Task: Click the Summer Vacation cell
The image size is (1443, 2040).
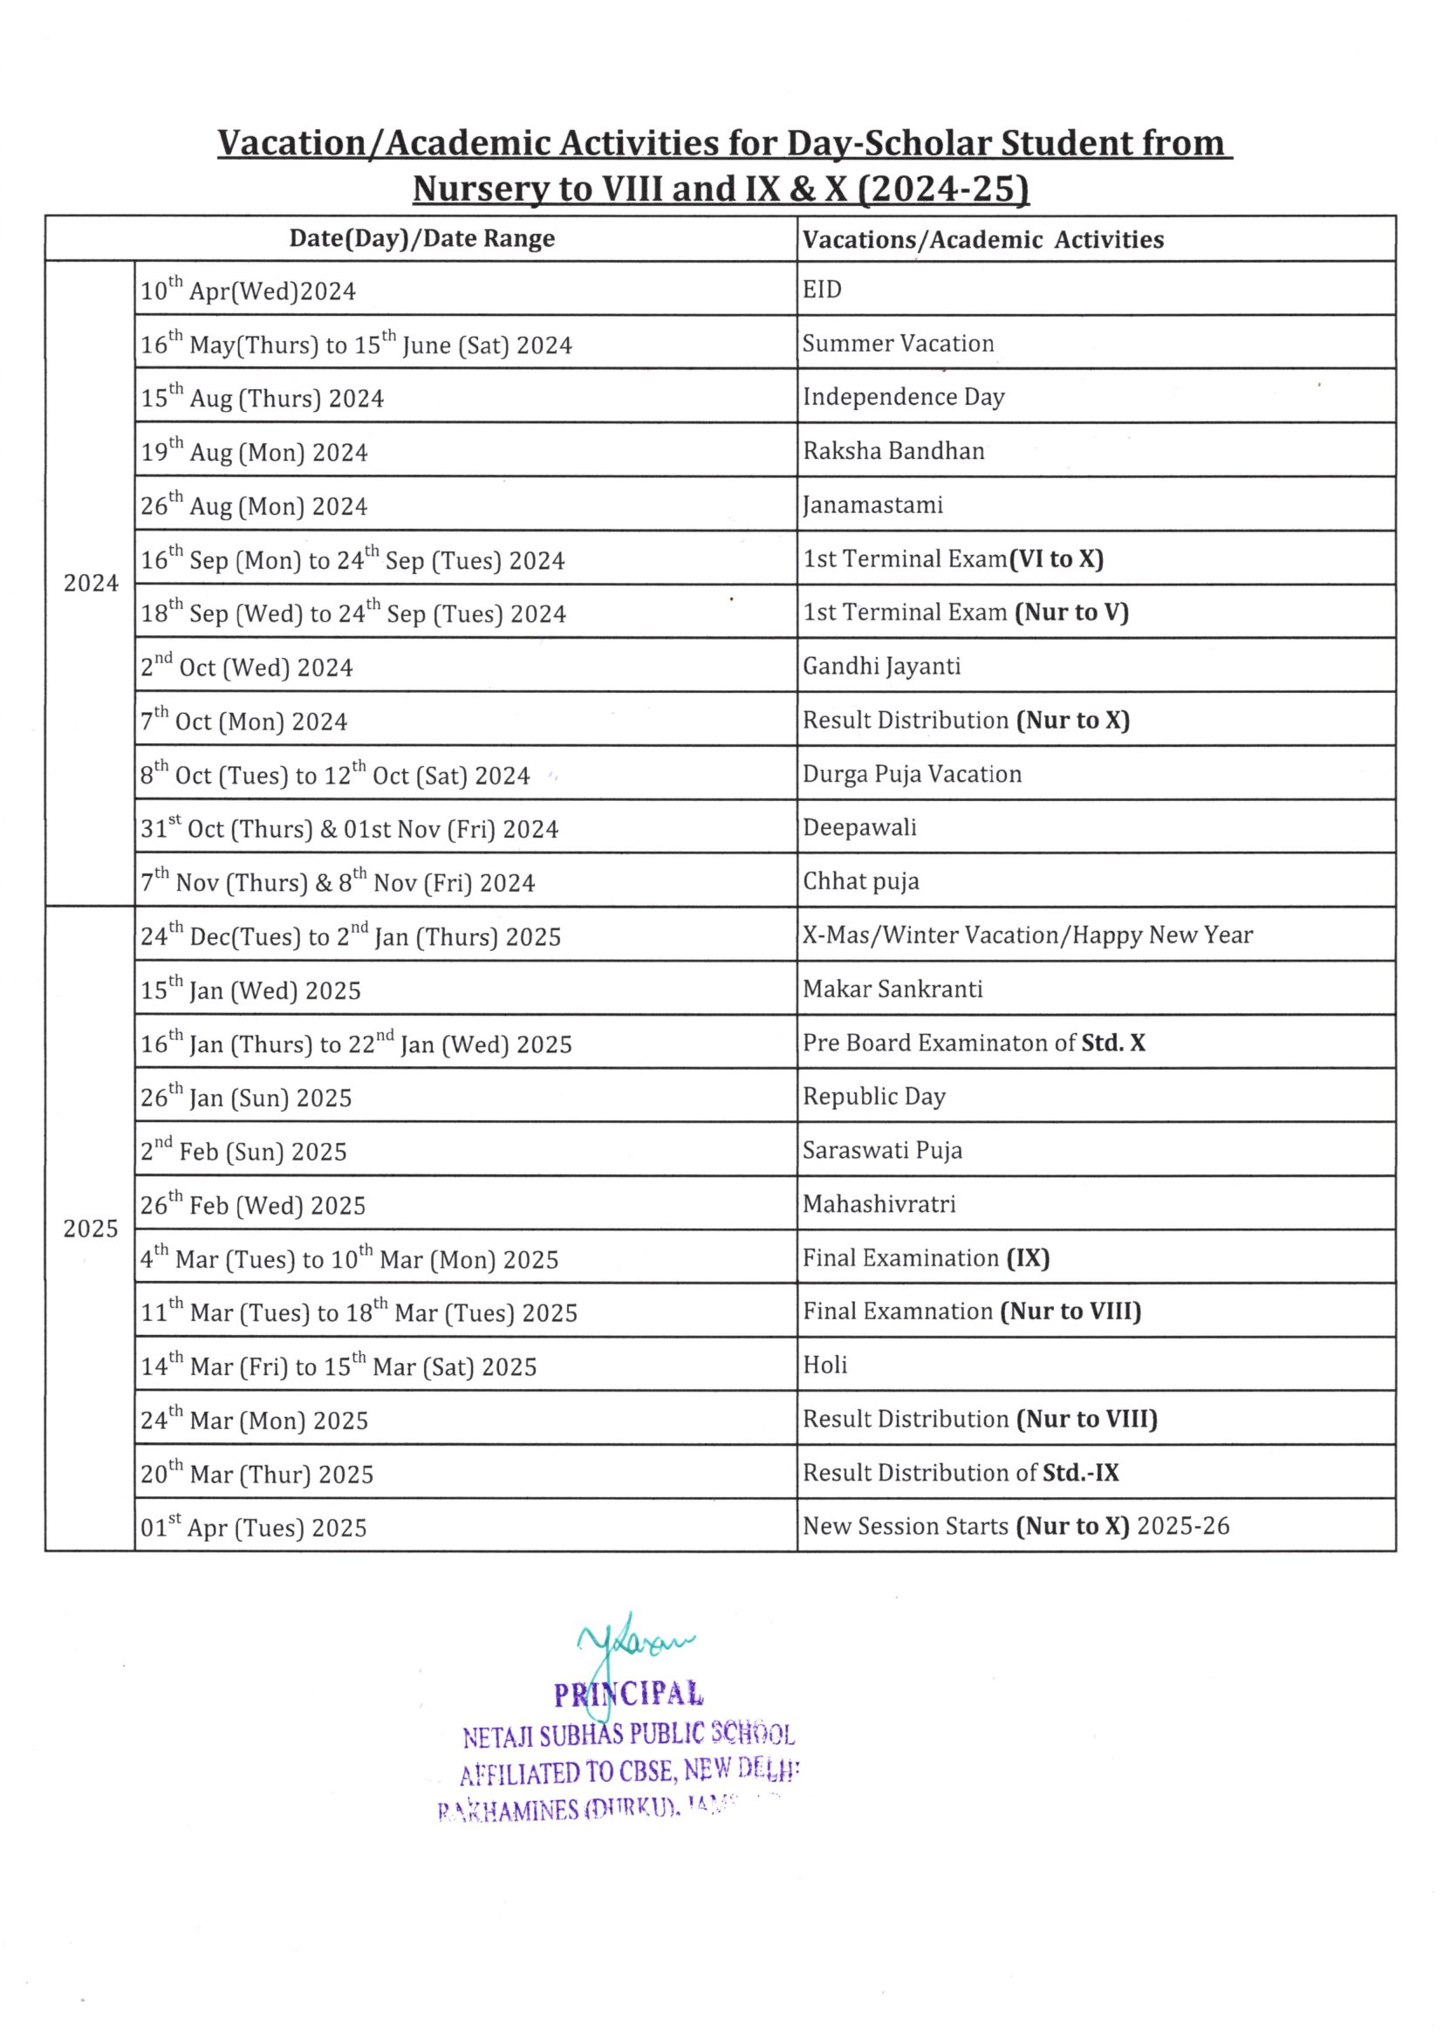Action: [x=898, y=344]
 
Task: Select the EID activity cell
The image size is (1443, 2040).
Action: [x=822, y=290]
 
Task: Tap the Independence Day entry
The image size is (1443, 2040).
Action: [x=903, y=397]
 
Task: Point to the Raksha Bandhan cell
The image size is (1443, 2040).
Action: [x=893, y=451]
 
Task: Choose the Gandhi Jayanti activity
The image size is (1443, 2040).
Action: [x=881, y=667]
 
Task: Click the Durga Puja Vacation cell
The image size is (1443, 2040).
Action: [x=912, y=774]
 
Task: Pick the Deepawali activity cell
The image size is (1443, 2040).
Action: [x=859, y=827]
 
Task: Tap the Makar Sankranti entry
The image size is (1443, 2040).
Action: [x=892, y=989]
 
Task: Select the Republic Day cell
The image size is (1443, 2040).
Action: [x=873, y=1097]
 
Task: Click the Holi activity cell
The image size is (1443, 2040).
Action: [x=824, y=1365]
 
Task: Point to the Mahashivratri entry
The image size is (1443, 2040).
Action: [x=879, y=1204]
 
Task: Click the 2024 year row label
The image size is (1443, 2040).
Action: [x=91, y=584]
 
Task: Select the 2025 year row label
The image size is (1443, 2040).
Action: [x=91, y=1229]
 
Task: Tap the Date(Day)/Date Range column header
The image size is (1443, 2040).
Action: [x=422, y=239]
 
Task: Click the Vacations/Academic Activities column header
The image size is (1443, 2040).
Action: [x=982, y=240]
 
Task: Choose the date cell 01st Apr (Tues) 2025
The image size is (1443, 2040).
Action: [x=253, y=1527]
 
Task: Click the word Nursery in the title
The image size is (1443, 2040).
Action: [x=480, y=189]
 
